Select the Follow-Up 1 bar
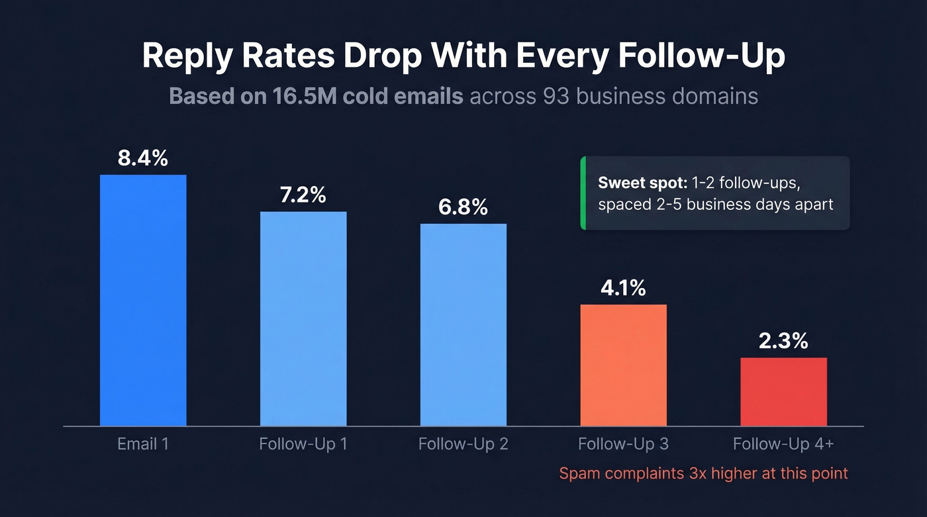click(x=303, y=318)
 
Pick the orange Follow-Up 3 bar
click(x=624, y=365)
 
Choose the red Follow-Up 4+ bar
click(x=783, y=391)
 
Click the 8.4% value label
click(x=143, y=159)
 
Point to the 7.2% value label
click(x=303, y=195)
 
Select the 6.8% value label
click(x=463, y=207)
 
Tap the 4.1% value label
click(x=624, y=289)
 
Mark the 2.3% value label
click(x=783, y=341)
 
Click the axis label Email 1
click(x=143, y=444)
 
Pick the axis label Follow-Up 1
click(x=303, y=444)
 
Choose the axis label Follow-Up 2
click(x=463, y=444)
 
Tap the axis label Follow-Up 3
click(x=624, y=444)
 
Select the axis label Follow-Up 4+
click(x=783, y=444)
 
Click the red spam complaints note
click(x=703, y=473)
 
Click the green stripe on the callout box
click(x=583, y=193)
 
